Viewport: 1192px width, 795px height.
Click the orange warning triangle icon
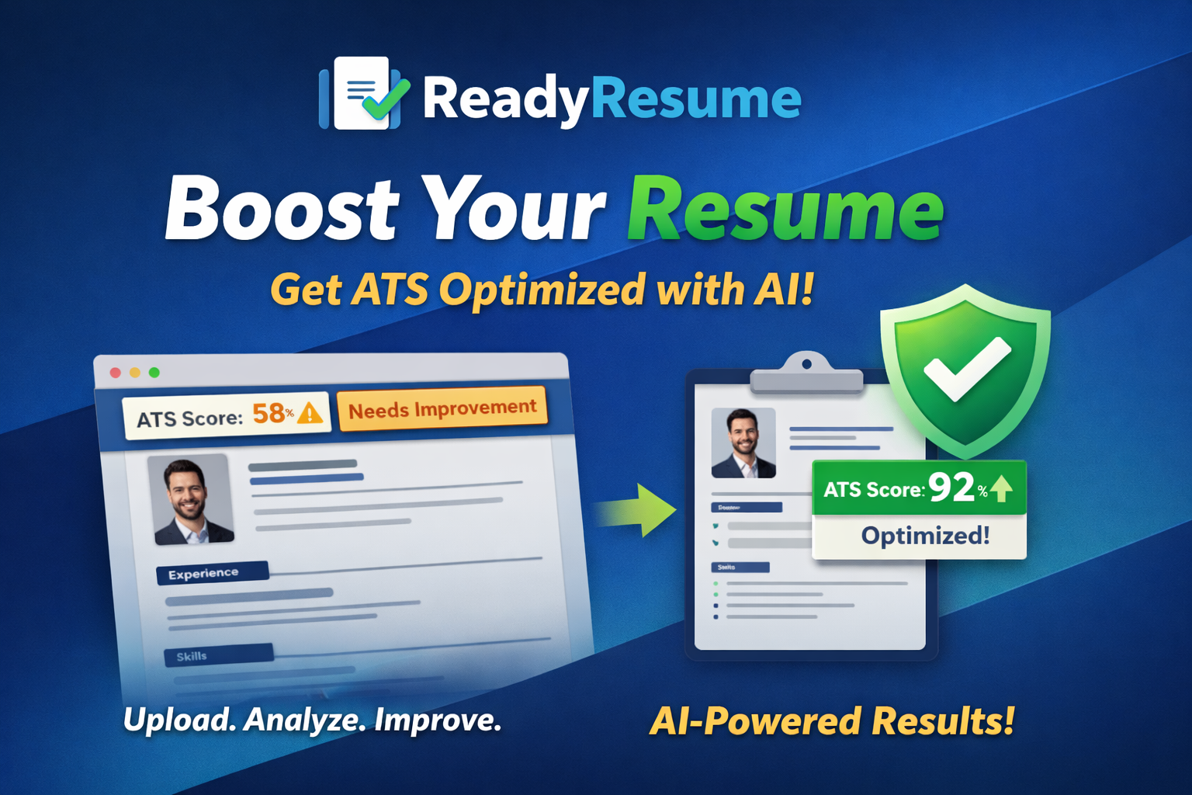pyautogui.click(x=310, y=413)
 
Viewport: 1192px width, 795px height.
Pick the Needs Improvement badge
pyautogui.click(x=442, y=408)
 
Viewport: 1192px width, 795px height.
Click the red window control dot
pyautogui.click(x=116, y=373)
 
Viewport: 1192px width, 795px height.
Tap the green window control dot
pyautogui.click(x=154, y=373)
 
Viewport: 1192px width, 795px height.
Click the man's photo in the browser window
pyautogui.click(x=189, y=499)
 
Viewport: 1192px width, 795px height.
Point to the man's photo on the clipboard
pyautogui.click(x=743, y=443)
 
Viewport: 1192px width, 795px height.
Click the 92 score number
pyautogui.click(x=951, y=488)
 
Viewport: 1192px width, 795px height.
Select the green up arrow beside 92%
pyautogui.click(x=1002, y=488)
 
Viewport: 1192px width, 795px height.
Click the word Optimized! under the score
pyautogui.click(x=925, y=536)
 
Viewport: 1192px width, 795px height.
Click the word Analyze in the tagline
pyautogui.click(x=304, y=720)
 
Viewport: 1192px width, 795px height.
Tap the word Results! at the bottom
pyautogui.click(x=942, y=720)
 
